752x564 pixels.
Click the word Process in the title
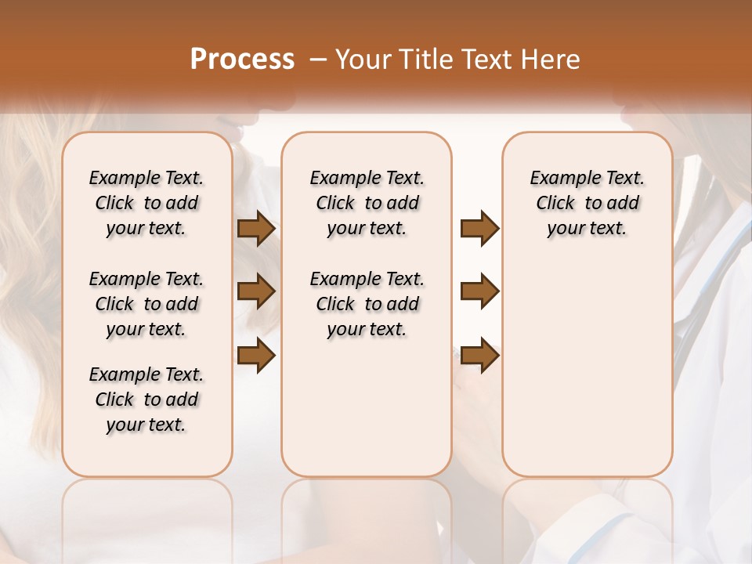pyautogui.click(x=242, y=60)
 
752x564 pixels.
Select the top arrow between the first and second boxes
pyautogui.click(x=256, y=229)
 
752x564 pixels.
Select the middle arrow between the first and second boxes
pyautogui.click(x=256, y=291)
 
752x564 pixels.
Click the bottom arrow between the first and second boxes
pyautogui.click(x=256, y=356)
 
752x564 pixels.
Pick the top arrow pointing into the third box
pyautogui.click(x=479, y=229)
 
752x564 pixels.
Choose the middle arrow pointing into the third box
pyautogui.click(x=479, y=291)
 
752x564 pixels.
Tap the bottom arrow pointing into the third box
pyautogui.click(x=479, y=356)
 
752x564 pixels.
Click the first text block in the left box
pyautogui.click(x=146, y=203)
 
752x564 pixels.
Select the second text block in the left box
pyautogui.click(x=146, y=304)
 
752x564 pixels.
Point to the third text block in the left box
pyautogui.click(x=146, y=399)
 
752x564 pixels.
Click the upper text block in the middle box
pyautogui.click(x=367, y=203)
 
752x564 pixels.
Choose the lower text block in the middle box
pyautogui.click(x=367, y=304)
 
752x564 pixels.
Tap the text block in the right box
pyautogui.click(x=587, y=203)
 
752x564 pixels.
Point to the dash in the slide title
pyautogui.click(x=318, y=60)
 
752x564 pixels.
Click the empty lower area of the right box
pyautogui.click(x=587, y=376)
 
